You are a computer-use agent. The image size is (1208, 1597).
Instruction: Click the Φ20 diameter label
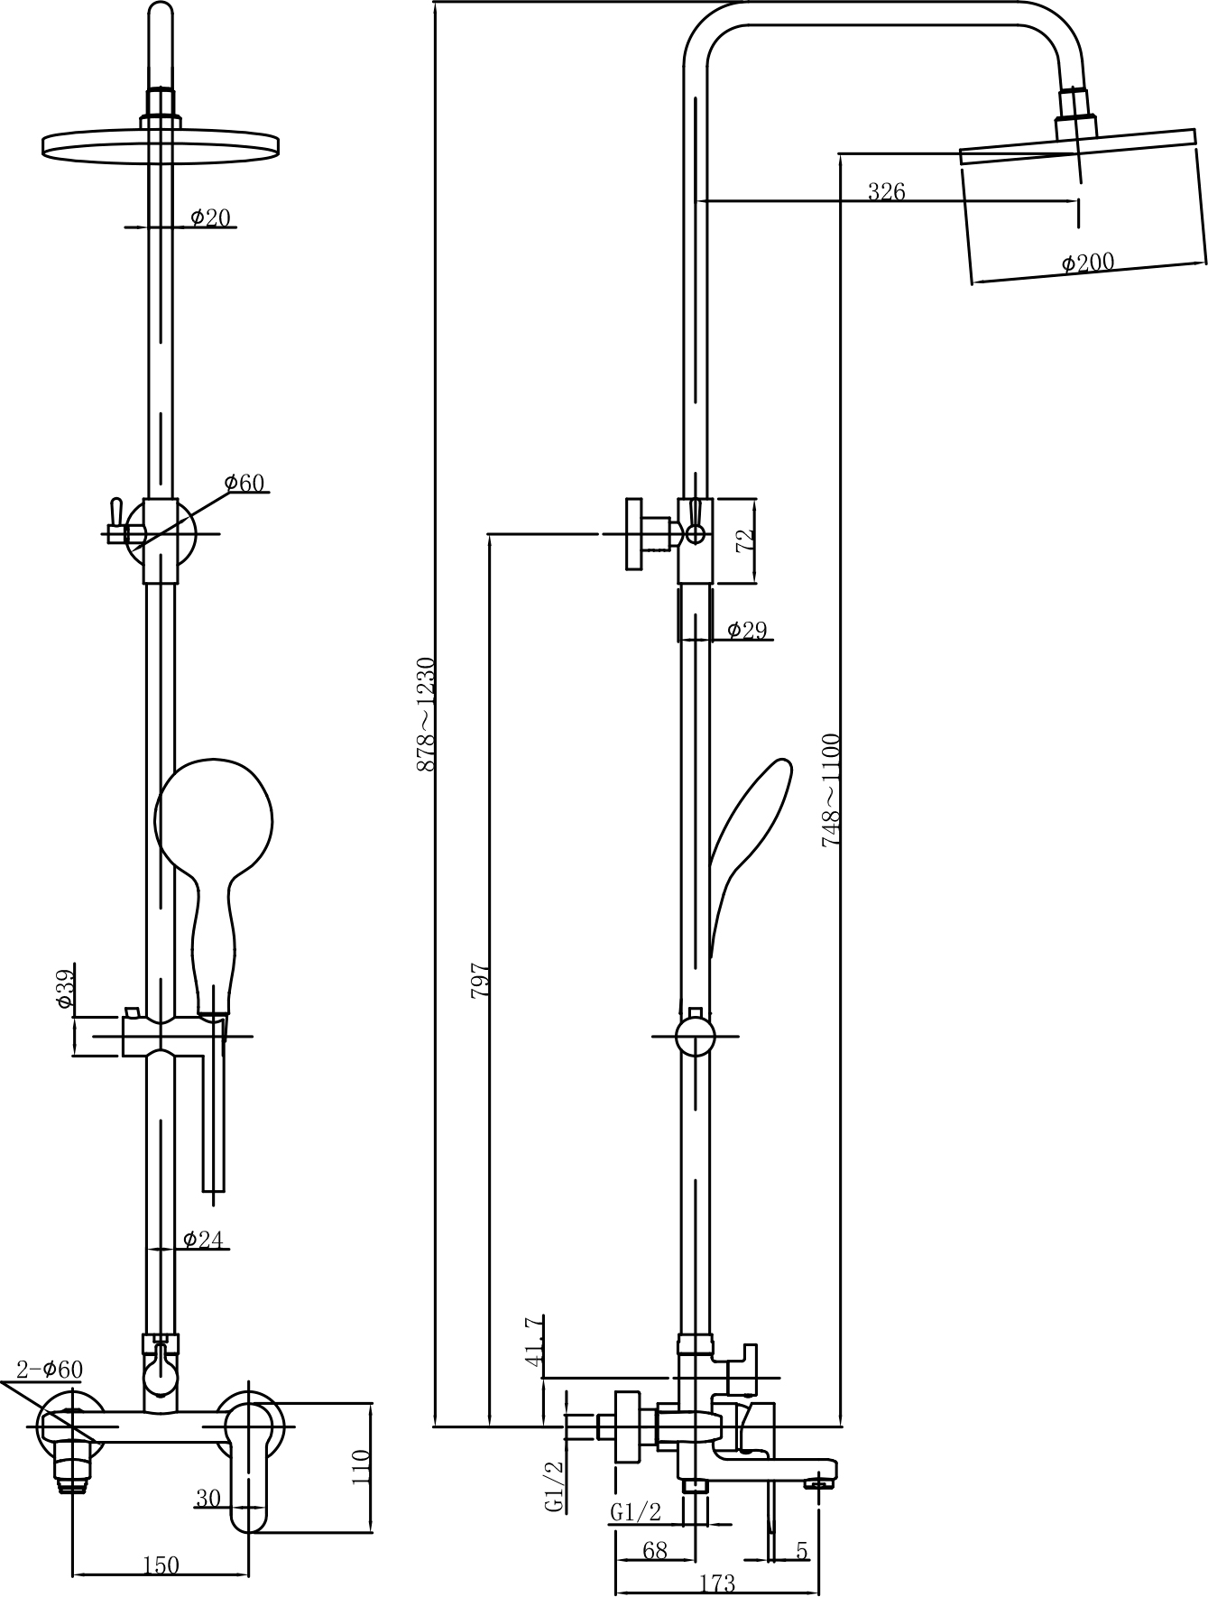point(210,217)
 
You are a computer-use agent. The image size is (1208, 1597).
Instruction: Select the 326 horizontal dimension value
point(886,191)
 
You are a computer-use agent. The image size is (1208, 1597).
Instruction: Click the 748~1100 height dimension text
point(831,790)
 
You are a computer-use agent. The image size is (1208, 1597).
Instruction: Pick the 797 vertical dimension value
point(481,980)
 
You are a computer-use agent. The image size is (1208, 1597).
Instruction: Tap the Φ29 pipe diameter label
point(747,630)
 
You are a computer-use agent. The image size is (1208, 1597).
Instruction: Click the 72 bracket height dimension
point(744,540)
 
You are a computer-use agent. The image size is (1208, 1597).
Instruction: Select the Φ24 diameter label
point(203,1240)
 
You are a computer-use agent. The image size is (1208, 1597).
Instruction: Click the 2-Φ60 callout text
point(50,1370)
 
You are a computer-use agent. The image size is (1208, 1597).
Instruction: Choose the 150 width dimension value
point(161,1565)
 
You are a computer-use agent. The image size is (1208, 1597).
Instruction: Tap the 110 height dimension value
point(360,1467)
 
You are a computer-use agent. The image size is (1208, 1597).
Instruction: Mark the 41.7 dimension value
point(534,1341)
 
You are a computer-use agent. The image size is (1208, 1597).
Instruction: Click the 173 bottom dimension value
point(717,1583)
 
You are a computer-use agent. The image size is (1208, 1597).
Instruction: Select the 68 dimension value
point(655,1550)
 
